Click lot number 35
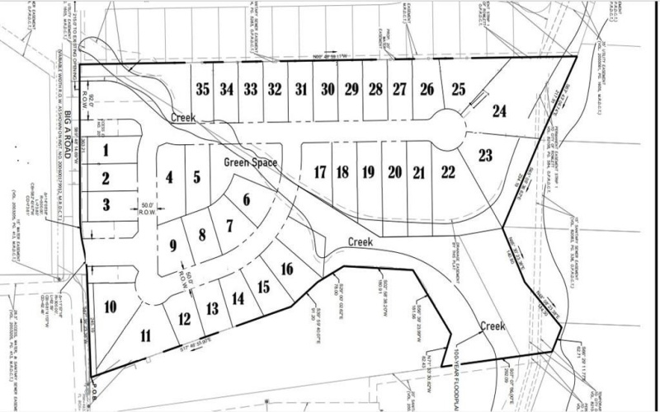coord(203,90)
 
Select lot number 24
coord(499,110)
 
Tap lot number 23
coord(485,154)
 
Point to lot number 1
coord(106,151)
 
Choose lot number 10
coord(110,307)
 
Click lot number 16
coord(287,269)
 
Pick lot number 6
coord(245,199)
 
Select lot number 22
coord(448,172)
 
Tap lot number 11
coord(146,335)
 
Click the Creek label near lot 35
coord(182,119)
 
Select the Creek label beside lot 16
coord(361,243)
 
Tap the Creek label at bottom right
coord(493,326)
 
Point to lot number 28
coord(375,90)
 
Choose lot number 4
coord(169,177)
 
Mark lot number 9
coord(173,245)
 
